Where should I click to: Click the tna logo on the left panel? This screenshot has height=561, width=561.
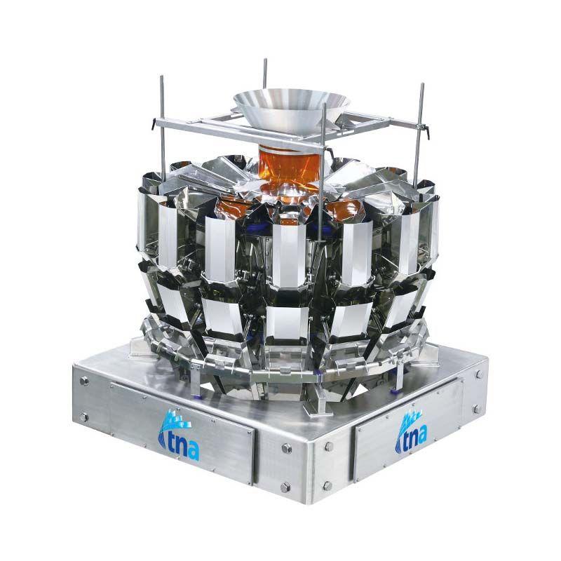[x=178, y=435]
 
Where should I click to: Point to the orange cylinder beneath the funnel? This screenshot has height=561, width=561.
[x=289, y=168]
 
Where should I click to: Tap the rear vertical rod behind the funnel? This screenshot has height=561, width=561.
[x=265, y=74]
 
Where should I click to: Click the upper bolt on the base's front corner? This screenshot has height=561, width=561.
[x=286, y=448]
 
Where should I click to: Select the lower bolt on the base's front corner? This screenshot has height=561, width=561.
[x=285, y=487]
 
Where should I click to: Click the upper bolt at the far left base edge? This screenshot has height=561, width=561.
[x=84, y=380]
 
